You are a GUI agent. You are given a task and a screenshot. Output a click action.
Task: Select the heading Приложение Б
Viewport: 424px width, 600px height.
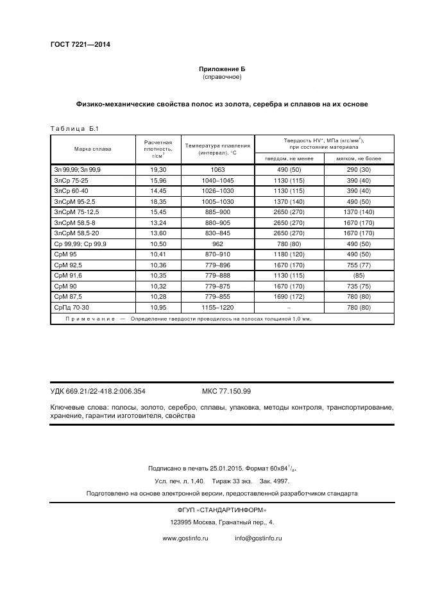(221, 69)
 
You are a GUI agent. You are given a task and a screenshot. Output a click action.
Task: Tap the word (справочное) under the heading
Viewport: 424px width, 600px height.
(221, 77)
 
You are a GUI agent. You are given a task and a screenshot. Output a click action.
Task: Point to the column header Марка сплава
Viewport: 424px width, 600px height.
(92, 149)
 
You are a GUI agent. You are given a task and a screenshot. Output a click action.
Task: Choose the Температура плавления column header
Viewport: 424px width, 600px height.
(217, 149)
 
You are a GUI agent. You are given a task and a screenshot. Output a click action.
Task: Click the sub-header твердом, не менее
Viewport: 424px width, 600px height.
(289, 158)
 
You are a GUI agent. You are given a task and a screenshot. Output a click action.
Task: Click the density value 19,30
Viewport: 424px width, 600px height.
(158, 169)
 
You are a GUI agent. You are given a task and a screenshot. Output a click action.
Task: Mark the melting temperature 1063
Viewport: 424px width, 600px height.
(217, 169)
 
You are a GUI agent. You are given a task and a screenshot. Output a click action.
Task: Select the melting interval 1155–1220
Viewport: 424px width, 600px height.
(217, 308)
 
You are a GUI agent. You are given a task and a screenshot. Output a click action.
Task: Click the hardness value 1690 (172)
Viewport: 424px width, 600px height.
(289, 297)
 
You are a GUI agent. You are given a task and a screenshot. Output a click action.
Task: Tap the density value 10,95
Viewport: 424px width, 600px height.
(158, 308)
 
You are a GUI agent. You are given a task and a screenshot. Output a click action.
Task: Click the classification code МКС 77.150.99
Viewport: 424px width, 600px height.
(226, 391)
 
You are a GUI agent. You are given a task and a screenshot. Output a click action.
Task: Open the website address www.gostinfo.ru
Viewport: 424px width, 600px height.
(185, 538)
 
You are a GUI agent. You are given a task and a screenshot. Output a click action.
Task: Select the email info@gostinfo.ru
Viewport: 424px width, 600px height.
(259, 538)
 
